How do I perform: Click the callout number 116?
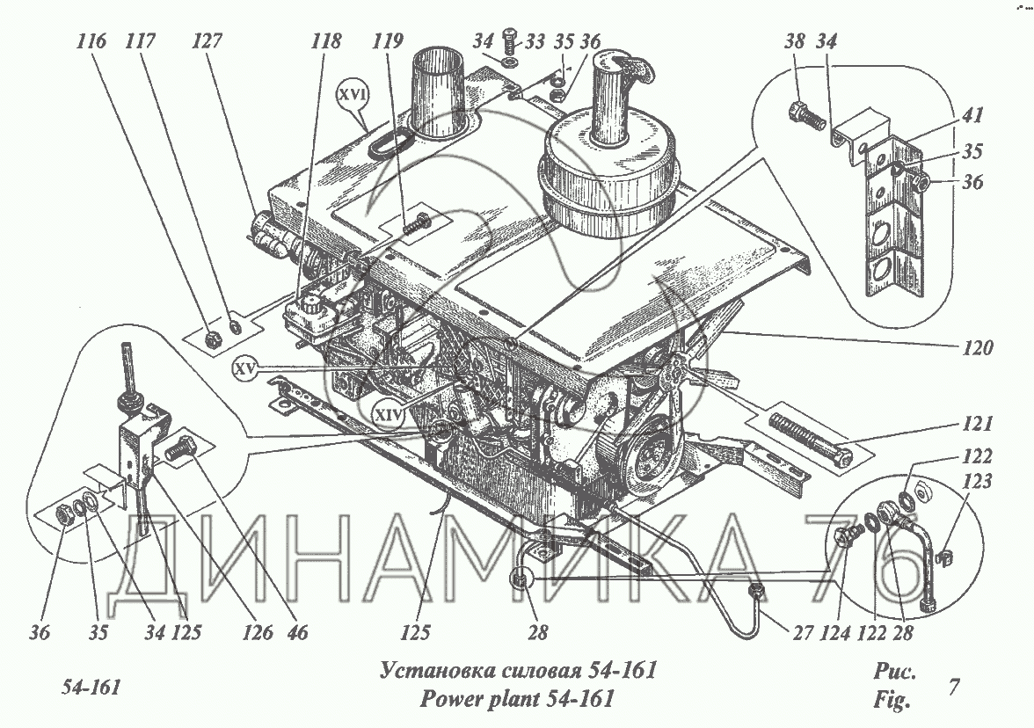click(91, 40)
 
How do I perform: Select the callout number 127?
click(207, 40)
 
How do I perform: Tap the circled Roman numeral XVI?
click(352, 95)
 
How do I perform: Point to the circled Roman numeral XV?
click(246, 370)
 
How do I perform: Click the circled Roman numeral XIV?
click(388, 414)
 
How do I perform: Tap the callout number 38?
click(795, 40)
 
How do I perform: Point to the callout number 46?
click(297, 632)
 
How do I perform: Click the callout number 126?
click(257, 632)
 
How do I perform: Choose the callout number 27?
click(802, 632)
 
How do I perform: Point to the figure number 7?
click(953, 687)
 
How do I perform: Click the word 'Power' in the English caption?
click(452, 698)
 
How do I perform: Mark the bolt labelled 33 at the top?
click(510, 44)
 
